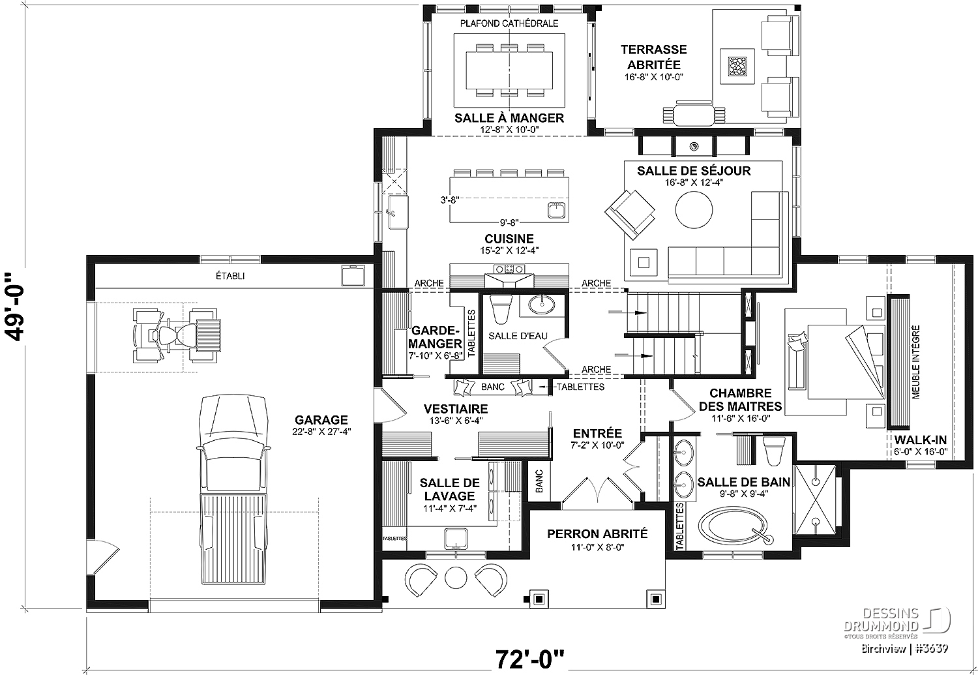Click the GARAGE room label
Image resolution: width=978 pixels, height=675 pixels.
pos(321,419)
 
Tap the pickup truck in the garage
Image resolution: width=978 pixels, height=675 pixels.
pos(233,489)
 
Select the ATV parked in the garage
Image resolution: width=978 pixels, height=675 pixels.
pos(177,335)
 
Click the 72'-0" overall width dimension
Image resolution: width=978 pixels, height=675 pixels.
pos(529,659)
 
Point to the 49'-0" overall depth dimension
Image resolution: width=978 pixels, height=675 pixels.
pos(16,307)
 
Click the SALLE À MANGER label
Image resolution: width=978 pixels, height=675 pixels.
pos(509,118)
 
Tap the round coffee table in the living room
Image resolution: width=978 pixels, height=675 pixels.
pos(694,209)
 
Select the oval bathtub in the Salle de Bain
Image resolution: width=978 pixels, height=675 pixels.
pos(735,528)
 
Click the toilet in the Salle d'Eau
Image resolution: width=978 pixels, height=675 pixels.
pos(500,308)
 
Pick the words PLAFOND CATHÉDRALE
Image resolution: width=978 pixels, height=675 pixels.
pos(509,23)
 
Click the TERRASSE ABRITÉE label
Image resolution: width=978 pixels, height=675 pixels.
pos(653,57)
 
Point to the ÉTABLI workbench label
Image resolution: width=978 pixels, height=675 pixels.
pos(230,276)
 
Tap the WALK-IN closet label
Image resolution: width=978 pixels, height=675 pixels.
pos(921,440)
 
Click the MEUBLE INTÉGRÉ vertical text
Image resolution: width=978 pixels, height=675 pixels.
pos(916,361)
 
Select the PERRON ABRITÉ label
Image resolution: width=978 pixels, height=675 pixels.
pos(597,533)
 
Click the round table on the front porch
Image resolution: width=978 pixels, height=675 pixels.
pos(456,578)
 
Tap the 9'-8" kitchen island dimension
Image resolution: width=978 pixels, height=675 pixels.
pos(509,222)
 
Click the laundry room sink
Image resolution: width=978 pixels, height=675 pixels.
pos(456,539)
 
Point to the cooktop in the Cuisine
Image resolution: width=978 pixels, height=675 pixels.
pos(509,268)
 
